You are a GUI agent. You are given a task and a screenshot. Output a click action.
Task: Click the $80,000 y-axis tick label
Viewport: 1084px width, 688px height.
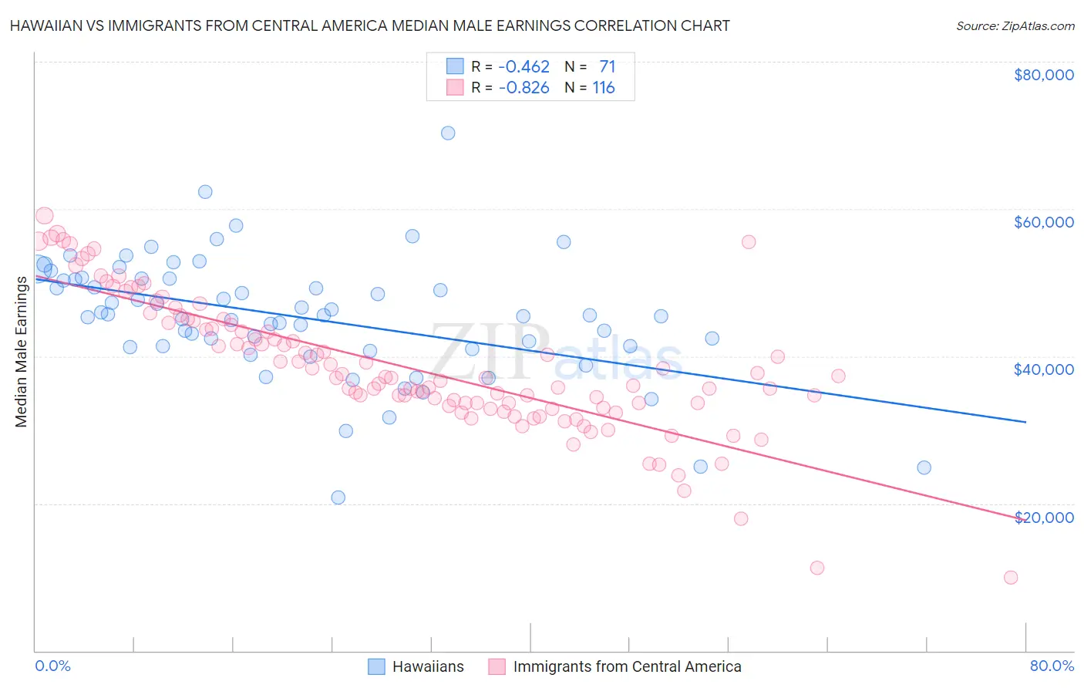(1043, 75)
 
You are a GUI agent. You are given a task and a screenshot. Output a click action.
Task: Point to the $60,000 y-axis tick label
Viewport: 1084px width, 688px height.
(1043, 222)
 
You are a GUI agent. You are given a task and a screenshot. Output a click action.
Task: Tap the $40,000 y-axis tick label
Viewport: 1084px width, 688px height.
(1043, 369)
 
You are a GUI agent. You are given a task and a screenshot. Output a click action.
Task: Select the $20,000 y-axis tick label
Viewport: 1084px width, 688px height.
(1043, 517)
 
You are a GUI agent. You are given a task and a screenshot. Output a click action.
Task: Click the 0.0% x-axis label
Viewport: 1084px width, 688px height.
(52, 666)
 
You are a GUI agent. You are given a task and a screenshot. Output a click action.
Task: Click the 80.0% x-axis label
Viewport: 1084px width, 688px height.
(1052, 666)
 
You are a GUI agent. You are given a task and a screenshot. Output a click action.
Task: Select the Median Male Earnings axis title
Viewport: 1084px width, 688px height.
(22, 352)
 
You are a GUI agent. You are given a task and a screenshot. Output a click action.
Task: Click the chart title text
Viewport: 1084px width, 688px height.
(369, 25)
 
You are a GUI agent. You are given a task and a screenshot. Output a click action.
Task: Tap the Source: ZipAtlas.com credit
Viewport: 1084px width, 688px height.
(1015, 25)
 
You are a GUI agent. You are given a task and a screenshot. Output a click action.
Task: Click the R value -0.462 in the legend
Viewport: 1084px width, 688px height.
(523, 67)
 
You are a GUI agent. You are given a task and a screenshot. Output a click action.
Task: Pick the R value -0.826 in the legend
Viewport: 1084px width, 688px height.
(523, 88)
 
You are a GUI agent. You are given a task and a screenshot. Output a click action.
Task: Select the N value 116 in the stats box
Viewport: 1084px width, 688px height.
(603, 88)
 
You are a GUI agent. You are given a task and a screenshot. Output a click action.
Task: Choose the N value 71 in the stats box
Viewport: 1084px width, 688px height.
(607, 67)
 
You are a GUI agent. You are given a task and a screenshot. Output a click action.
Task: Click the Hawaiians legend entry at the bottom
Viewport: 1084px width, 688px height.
(428, 666)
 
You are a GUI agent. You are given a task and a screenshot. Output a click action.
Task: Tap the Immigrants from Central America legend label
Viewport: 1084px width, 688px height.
(627, 666)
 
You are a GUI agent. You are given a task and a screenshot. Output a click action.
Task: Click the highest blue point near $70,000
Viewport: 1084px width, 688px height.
(448, 133)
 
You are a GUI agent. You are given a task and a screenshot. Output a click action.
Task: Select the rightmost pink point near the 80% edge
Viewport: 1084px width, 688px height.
(1011, 578)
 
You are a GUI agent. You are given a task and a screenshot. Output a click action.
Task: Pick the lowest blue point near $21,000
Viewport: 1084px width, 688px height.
(338, 497)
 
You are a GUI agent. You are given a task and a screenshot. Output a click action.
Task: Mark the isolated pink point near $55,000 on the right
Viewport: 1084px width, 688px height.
(749, 242)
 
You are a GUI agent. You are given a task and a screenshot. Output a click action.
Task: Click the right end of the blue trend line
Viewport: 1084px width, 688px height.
(1025, 422)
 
